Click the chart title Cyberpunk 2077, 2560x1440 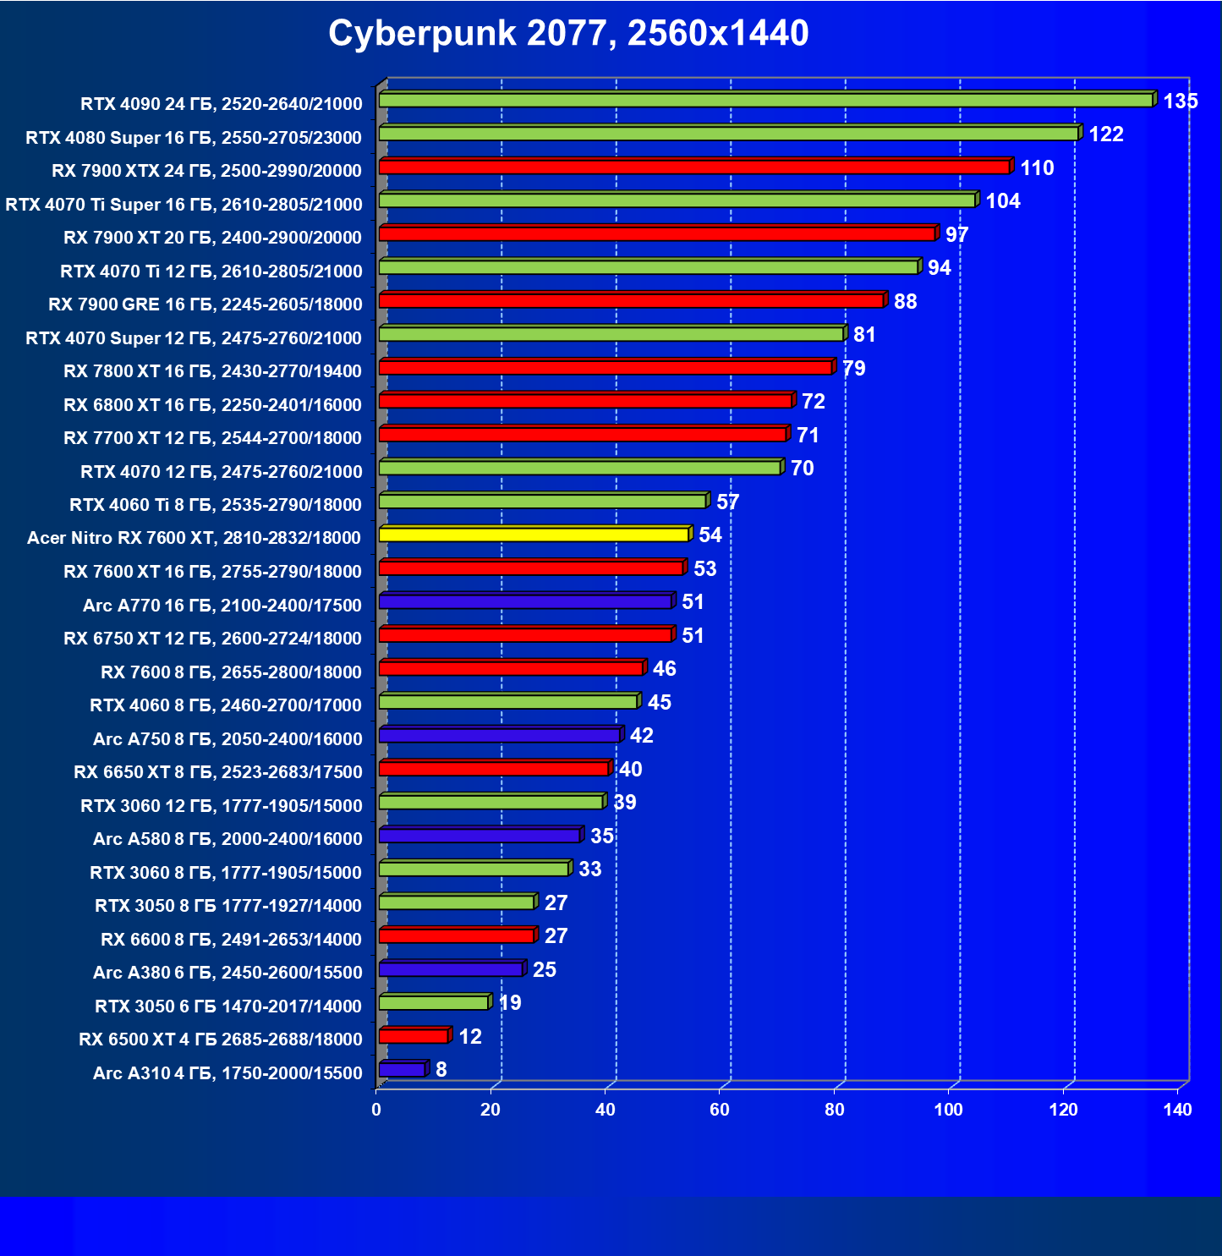[x=568, y=34]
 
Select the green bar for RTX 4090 [x=765, y=100]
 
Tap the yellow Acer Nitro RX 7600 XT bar [x=534, y=535]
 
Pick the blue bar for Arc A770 [x=525, y=601]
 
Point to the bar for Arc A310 [x=402, y=1070]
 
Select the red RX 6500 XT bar [x=414, y=1036]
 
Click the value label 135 [x=1181, y=101]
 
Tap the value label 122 [x=1105, y=134]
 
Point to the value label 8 [x=441, y=1070]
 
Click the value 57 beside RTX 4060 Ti [x=727, y=502]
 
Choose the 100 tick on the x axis [x=948, y=1110]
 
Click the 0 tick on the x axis [x=376, y=1110]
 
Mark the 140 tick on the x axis [x=1177, y=1110]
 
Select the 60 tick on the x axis [x=720, y=1110]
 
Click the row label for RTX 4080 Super [x=194, y=138]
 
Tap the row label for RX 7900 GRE [x=205, y=304]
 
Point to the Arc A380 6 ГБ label [x=227, y=973]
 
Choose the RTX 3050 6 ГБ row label [x=228, y=1006]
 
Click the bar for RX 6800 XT [x=585, y=401]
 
